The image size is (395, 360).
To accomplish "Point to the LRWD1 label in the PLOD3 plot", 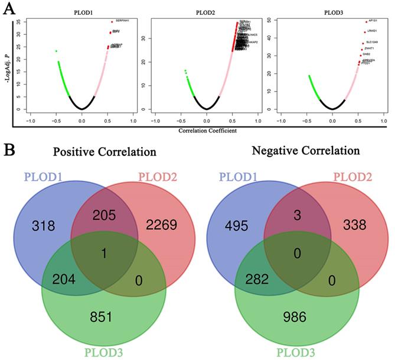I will [373, 31].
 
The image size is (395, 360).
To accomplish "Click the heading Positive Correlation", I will [105, 151].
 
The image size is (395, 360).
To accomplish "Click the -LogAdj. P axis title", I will [8, 65].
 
